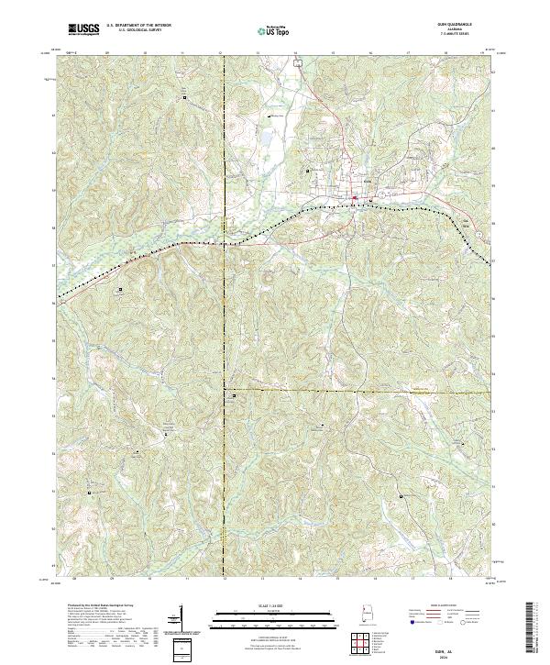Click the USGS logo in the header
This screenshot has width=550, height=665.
point(83,30)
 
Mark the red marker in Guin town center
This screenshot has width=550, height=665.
point(352,194)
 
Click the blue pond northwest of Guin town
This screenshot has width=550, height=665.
point(267,139)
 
